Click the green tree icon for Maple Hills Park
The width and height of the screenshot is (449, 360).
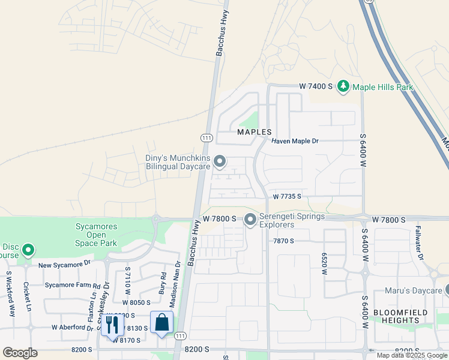[x=343, y=87]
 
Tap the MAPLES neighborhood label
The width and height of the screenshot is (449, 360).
[x=255, y=132]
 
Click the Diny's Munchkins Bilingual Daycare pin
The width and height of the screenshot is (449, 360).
[x=220, y=161]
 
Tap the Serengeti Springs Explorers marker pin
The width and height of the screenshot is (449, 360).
[x=250, y=221]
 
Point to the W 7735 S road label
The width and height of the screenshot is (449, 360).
[x=287, y=196]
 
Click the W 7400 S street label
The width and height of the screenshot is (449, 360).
[x=316, y=87]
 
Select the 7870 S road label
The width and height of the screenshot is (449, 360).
[x=283, y=241]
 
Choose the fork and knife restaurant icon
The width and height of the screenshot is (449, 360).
[x=112, y=325]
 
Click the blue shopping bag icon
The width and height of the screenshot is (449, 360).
[x=162, y=323]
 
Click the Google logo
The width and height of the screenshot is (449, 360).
[x=20, y=353]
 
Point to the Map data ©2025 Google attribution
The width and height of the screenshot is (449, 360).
[x=412, y=355]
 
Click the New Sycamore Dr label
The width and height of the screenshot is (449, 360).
[x=64, y=264]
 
